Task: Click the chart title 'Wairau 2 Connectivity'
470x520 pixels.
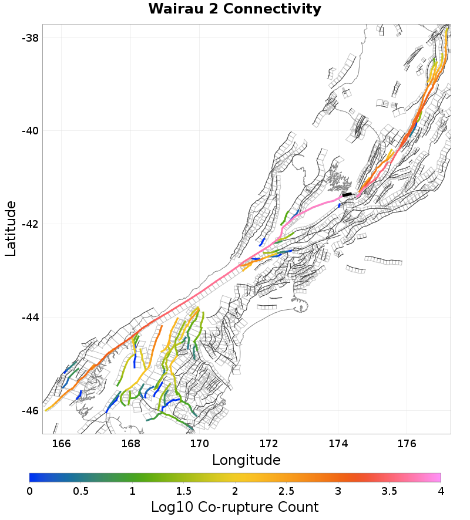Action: pos(234,9)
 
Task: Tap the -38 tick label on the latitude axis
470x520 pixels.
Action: pos(29,38)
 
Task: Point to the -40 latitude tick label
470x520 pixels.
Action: pos(29,131)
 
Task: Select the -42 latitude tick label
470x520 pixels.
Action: pos(29,224)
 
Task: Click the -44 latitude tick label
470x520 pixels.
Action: pos(29,318)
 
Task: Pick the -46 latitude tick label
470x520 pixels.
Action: pos(29,411)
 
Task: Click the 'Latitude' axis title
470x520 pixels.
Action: pos(11,228)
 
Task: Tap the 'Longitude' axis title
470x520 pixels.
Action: pos(246,460)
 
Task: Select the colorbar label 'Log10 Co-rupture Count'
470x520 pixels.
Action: pos(234,507)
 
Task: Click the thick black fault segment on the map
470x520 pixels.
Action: pos(347,194)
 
